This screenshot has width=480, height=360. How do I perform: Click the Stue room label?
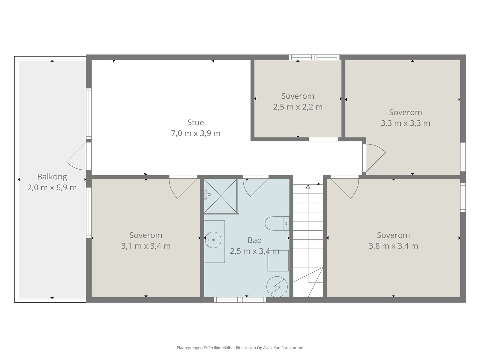[196, 122]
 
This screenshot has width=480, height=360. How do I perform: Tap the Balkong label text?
[52, 177]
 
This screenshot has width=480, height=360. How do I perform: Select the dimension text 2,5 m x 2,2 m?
[298, 107]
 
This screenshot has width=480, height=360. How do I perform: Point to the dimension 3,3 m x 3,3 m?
[405, 123]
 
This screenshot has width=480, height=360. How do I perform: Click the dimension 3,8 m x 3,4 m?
[393, 246]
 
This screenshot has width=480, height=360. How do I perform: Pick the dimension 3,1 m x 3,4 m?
[146, 246]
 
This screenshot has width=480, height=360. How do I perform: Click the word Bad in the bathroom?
[254, 240]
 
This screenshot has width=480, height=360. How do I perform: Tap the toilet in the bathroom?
[277, 223]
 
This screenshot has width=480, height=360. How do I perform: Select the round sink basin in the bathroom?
[213, 240]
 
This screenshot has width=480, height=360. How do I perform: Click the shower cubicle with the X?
[220, 196]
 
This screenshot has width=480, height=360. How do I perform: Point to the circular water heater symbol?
[277, 286]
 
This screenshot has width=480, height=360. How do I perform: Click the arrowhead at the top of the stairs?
[308, 187]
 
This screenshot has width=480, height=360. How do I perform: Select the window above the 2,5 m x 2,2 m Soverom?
[314, 57]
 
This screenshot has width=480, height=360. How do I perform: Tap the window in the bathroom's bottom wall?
[240, 300]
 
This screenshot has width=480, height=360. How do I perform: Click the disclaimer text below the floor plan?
[240, 348]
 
